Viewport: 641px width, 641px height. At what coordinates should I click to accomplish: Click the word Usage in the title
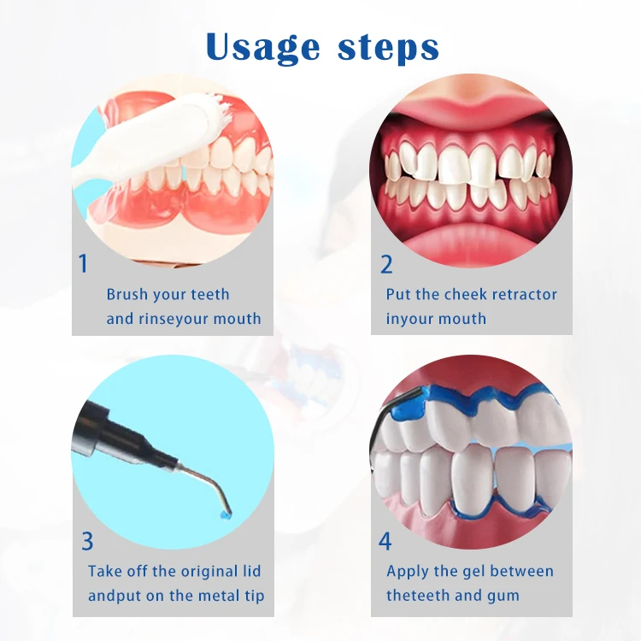tap(262, 47)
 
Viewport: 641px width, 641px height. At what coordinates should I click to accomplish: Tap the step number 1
tap(83, 263)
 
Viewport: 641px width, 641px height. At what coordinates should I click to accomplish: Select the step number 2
tap(386, 264)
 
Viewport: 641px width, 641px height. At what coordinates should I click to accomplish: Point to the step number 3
tap(87, 541)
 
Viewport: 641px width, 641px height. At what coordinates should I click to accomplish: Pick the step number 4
tap(385, 541)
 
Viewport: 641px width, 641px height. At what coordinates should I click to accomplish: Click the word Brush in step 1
tap(127, 294)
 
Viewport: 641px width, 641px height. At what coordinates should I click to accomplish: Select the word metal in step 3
tap(216, 596)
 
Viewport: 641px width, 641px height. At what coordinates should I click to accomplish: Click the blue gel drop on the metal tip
tap(224, 515)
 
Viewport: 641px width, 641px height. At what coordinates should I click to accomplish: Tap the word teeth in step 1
tap(210, 294)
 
